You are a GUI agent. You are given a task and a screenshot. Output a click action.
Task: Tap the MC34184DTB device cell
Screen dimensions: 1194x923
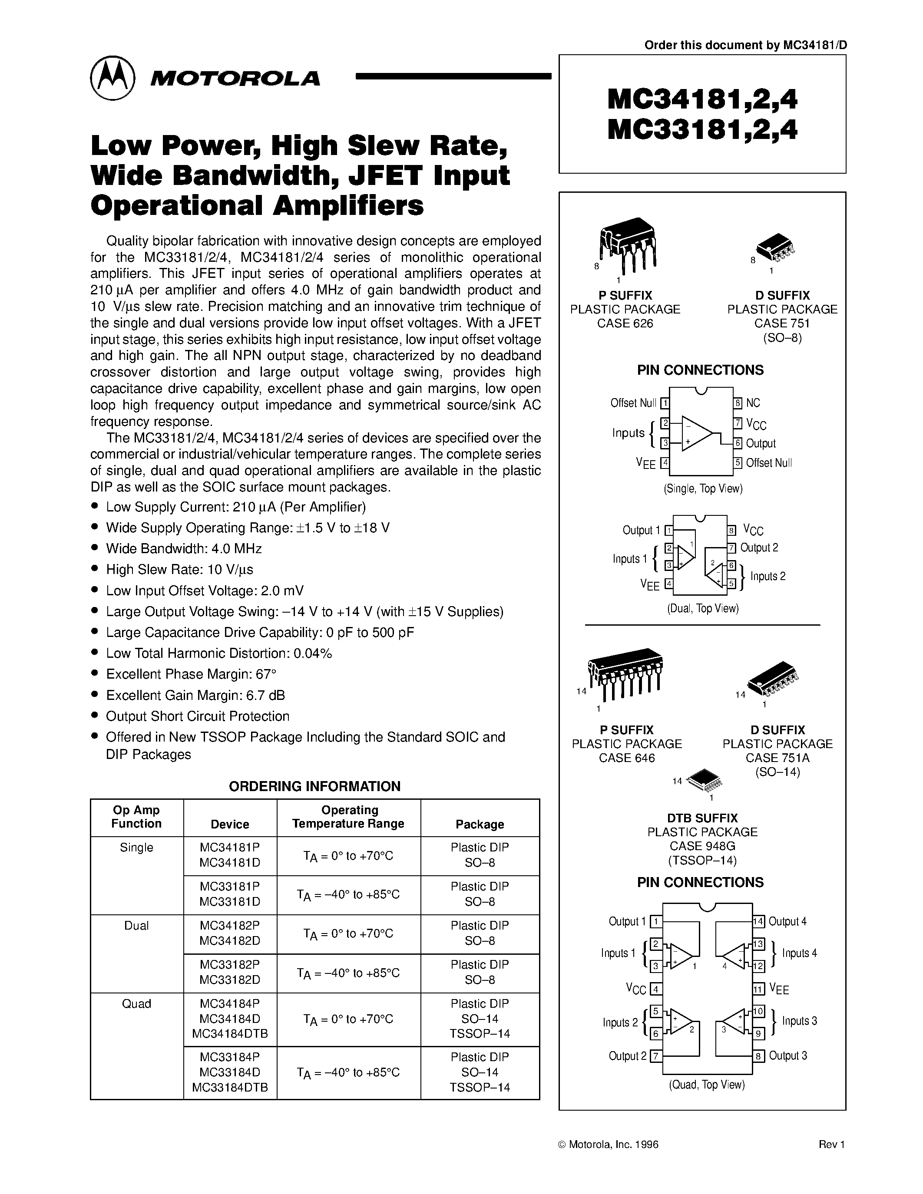tap(230, 1033)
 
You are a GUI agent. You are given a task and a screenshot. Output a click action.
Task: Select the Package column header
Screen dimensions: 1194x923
tap(480, 824)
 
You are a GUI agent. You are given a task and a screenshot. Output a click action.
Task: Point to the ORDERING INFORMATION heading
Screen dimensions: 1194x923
tap(314, 786)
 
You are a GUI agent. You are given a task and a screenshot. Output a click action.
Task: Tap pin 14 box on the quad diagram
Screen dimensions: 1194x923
tap(758, 921)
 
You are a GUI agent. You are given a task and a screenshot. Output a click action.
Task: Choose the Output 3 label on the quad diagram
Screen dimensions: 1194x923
tap(787, 1055)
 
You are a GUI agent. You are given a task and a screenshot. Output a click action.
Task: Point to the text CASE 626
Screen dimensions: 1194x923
tap(625, 323)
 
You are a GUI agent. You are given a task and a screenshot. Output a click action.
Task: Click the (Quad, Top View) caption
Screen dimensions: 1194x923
tap(706, 1085)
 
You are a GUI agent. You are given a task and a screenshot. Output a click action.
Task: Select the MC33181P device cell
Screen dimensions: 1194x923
tap(230, 886)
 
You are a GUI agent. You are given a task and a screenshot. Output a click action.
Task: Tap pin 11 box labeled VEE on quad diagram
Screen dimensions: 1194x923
tap(758, 989)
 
